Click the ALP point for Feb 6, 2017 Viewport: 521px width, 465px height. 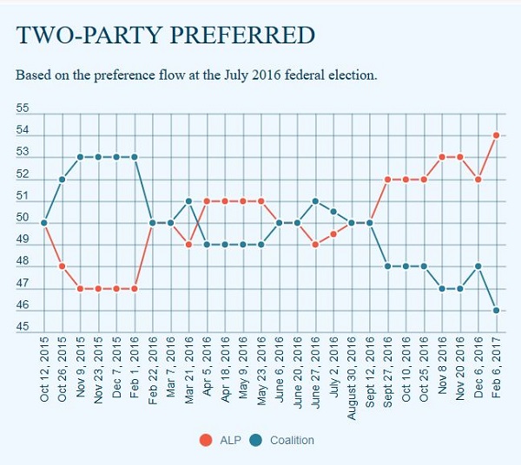pos(496,134)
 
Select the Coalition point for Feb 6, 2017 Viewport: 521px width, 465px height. pos(496,310)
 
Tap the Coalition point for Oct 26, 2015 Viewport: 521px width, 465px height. pos(62,179)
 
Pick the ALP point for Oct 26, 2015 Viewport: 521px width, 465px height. pos(62,265)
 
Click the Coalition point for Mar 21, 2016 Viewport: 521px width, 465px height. pos(188,200)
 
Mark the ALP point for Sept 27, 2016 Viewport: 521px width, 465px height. pos(387,179)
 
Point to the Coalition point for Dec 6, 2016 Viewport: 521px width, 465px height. pos(478,265)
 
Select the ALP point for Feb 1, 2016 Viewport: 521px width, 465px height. pos(134,288)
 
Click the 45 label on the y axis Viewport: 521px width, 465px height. pos(23,328)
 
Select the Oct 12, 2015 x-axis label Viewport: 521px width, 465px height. pos(43,365)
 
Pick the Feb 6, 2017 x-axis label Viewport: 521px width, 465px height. pos(496,363)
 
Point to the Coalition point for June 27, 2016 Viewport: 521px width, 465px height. pos(315,200)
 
